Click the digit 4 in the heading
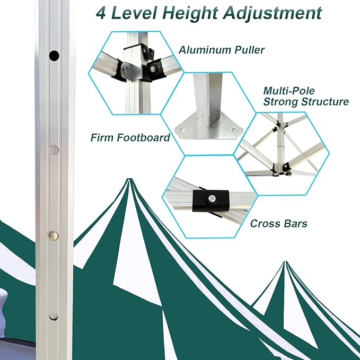[101, 13]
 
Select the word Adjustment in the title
[273, 14]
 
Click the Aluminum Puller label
[222, 50]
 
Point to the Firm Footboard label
[130, 137]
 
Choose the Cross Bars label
[279, 223]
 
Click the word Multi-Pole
[289, 91]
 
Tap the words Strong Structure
[306, 101]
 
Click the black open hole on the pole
[54, 55]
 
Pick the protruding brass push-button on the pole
[54, 235]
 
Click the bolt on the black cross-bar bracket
[211, 198]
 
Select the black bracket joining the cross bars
[211, 200]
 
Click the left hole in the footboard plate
[182, 130]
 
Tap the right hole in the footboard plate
[234, 130]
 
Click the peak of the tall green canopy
[129, 179]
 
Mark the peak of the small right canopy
[285, 262]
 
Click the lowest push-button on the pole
[53, 316]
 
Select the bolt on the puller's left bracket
[125, 69]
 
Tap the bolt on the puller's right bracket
[153, 68]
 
